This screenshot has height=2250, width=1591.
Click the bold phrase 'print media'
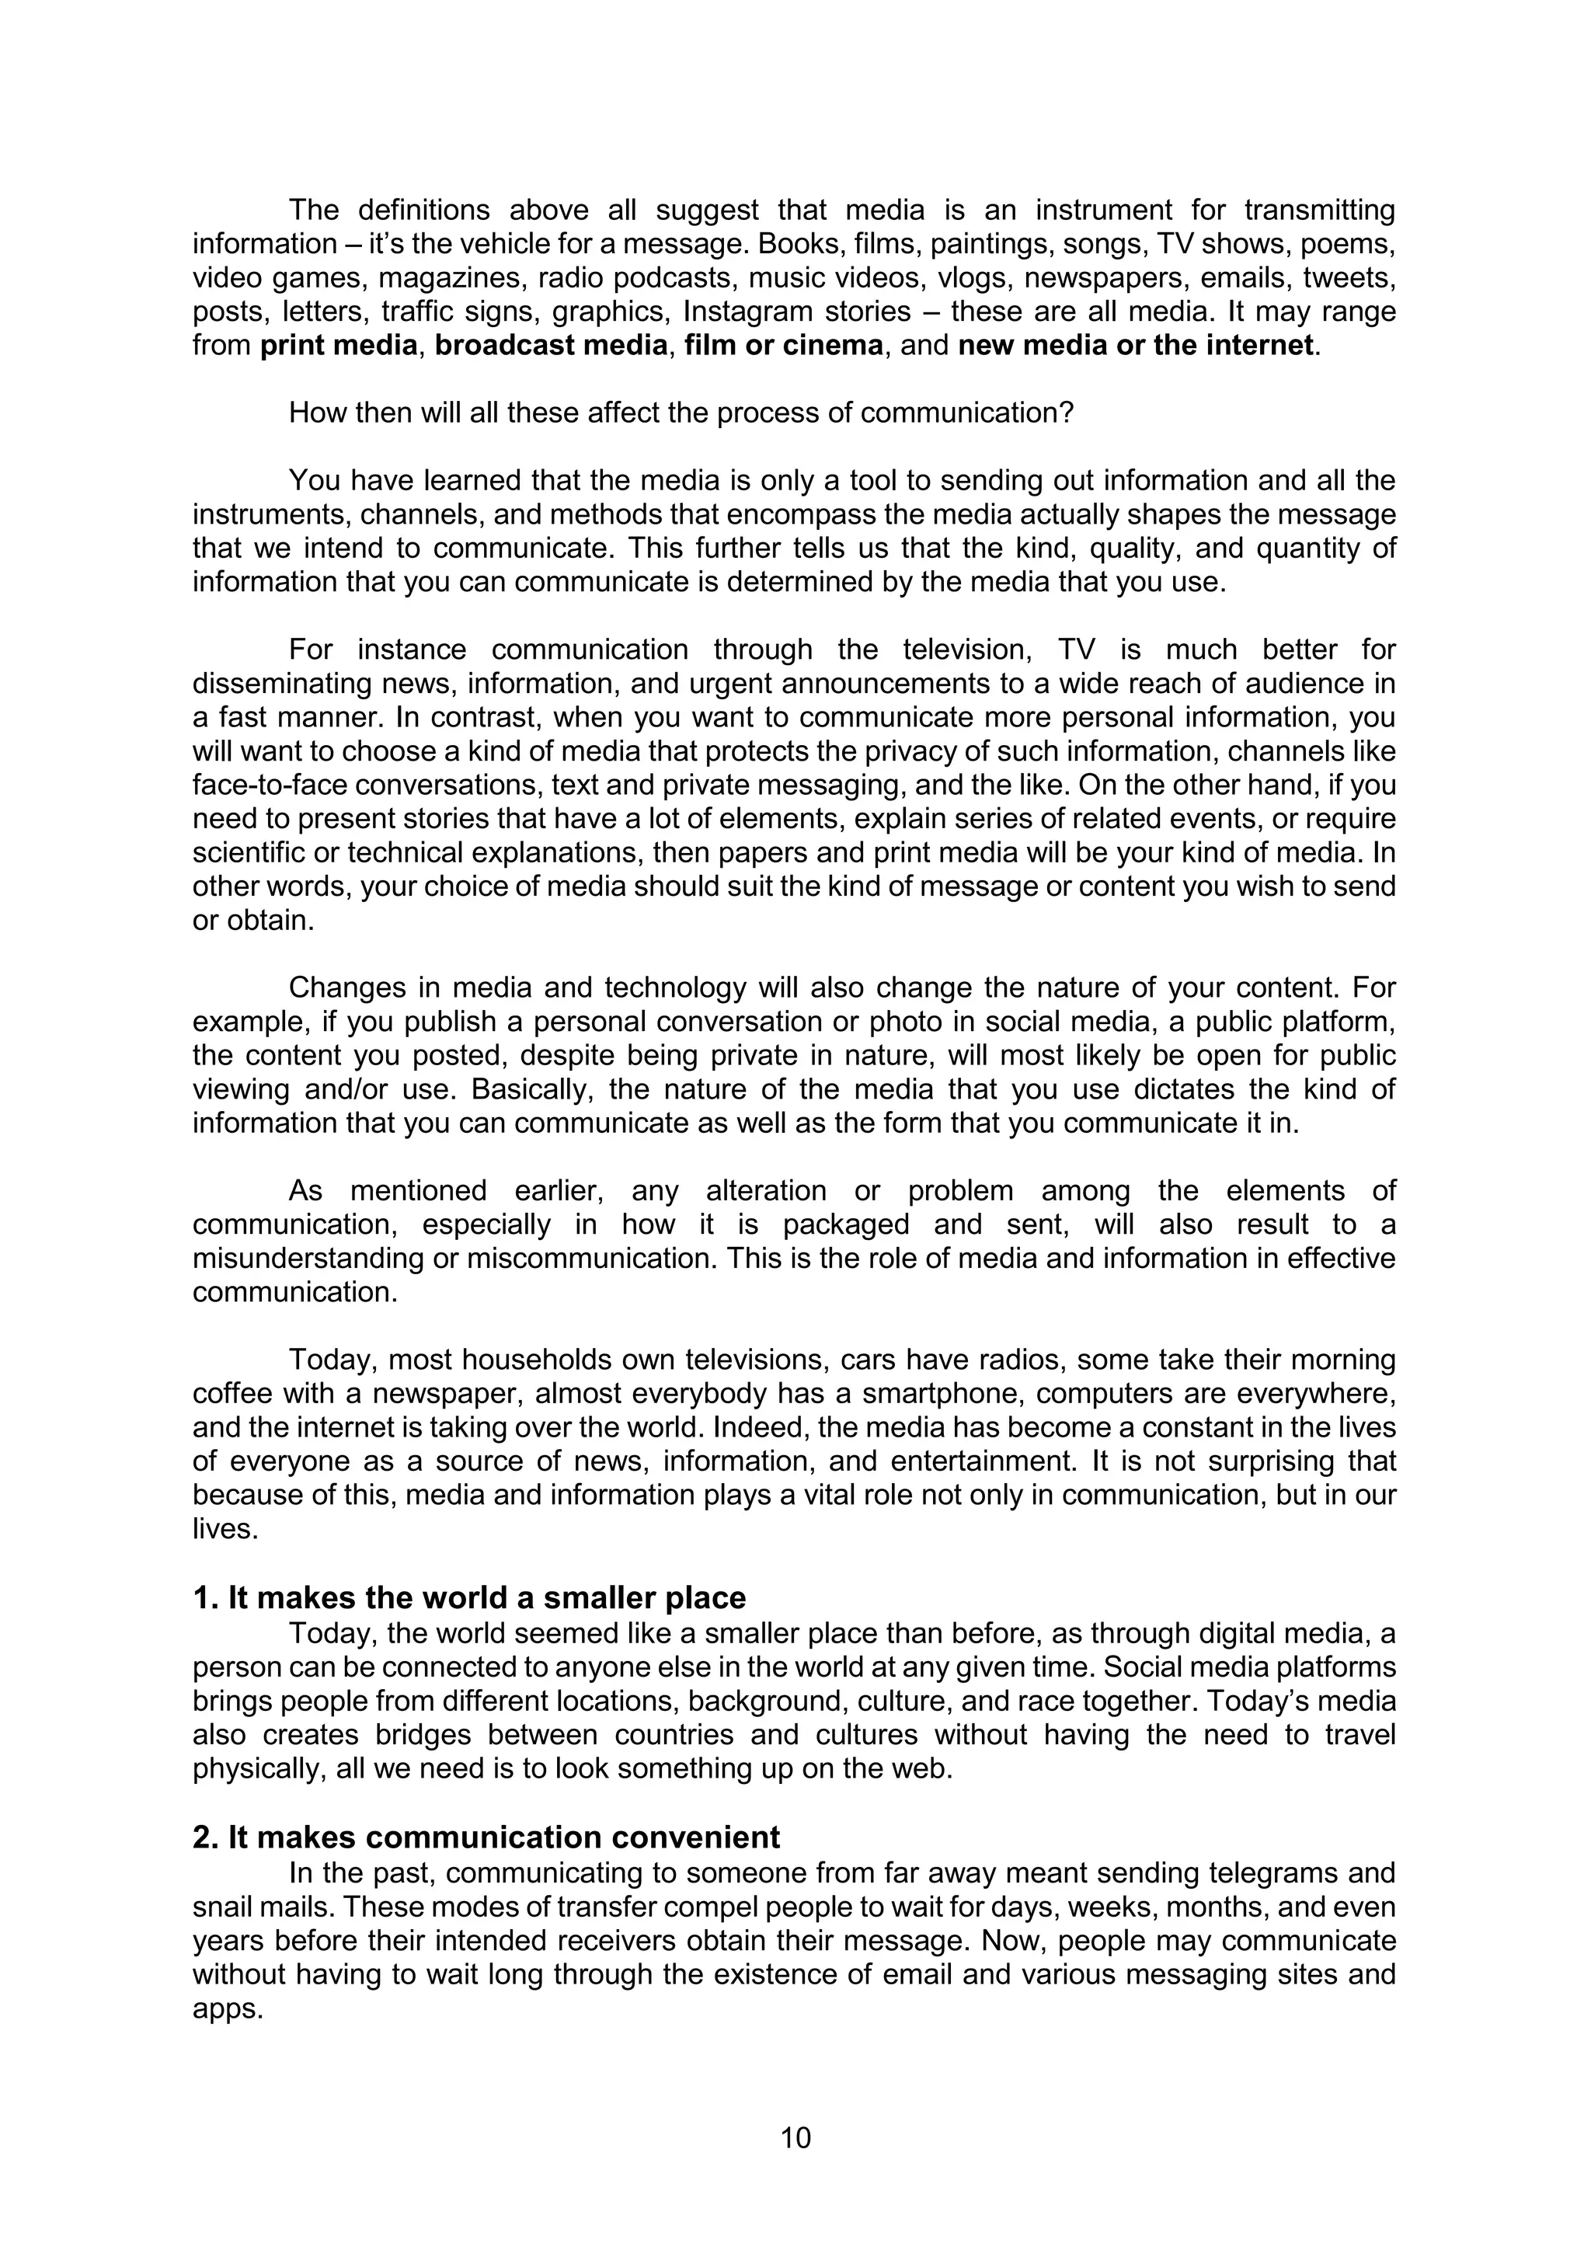click(x=339, y=346)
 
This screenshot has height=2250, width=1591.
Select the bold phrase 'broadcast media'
click(x=551, y=346)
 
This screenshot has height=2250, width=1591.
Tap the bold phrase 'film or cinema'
click(x=784, y=346)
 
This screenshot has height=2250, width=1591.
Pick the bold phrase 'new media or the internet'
click(x=1134, y=346)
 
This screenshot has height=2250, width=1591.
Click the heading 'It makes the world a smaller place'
click(x=487, y=1597)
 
